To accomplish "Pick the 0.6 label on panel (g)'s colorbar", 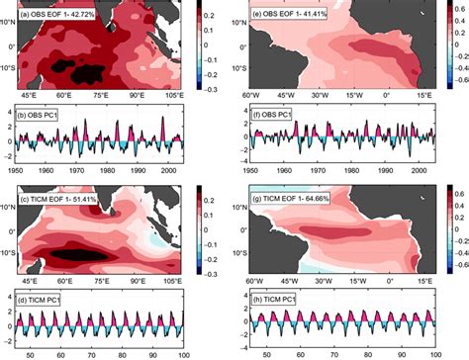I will (x=458, y=190).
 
